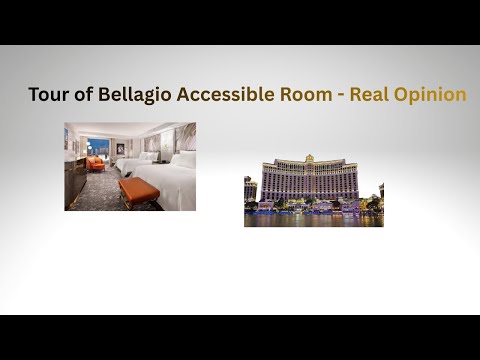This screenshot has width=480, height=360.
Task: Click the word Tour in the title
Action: click(x=46, y=95)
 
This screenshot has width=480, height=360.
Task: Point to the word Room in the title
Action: click(x=305, y=95)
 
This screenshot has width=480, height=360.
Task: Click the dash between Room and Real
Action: click(x=342, y=95)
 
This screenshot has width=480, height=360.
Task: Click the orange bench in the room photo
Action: click(x=138, y=189)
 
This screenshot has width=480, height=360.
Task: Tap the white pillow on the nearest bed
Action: click(x=184, y=159)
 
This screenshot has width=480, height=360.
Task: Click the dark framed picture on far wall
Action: click(x=120, y=148)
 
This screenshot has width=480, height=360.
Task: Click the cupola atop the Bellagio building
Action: click(x=310, y=157)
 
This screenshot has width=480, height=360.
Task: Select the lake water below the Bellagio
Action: click(x=312, y=220)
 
